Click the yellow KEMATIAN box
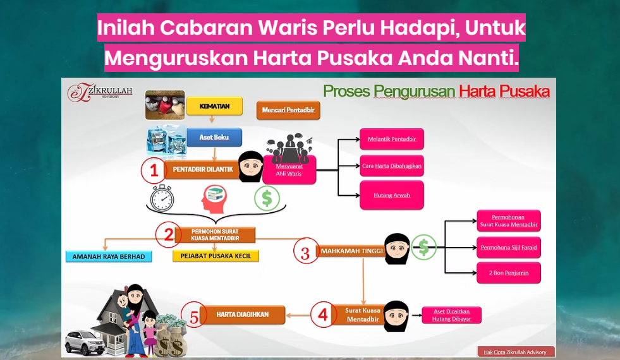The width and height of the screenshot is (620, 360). (x=214, y=106)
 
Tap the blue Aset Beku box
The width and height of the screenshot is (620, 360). (x=214, y=137)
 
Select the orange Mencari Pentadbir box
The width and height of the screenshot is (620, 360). (x=288, y=111)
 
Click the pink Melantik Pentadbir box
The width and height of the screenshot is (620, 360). (x=391, y=139)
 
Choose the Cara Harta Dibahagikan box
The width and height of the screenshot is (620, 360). (x=391, y=166)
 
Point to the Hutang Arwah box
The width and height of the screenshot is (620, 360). (x=391, y=195)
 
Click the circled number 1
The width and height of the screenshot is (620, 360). (x=154, y=171)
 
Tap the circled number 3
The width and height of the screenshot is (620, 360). (x=306, y=251)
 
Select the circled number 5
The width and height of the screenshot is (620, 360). (x=194, y=315)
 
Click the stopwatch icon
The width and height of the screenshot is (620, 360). (x=162, y=198)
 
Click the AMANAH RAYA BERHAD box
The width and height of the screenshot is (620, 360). (x=109, y=256)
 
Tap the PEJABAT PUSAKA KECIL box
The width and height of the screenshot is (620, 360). (x=216, y=256)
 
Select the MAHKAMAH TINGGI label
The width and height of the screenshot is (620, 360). (x=351, y=251)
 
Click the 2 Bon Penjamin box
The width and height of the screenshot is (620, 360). (x=509, y=273)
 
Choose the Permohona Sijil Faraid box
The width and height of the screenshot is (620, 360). (x=509, y=248)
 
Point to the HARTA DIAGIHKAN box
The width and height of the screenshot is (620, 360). (x=243, y=315)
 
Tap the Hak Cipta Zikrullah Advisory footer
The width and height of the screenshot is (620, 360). (x=515, y=352)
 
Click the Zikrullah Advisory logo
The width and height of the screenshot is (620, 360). (x=100, y=93)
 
